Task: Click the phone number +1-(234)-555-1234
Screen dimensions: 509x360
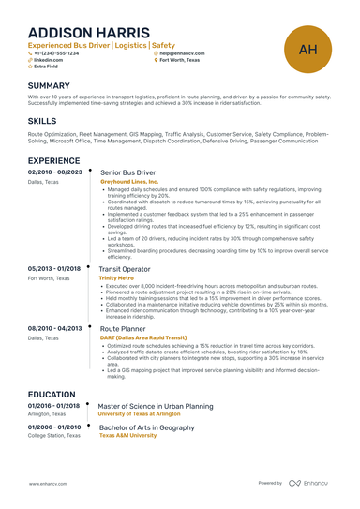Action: tap(58, 53)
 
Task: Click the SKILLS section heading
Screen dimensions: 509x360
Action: tap(42, 121)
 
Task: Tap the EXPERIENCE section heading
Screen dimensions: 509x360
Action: tap(60, 160)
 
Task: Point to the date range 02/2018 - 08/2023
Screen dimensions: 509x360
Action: tap(55, 173)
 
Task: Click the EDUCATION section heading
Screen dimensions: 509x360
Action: tap(52, 395)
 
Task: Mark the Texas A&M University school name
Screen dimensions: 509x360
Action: tap(128, 436)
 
